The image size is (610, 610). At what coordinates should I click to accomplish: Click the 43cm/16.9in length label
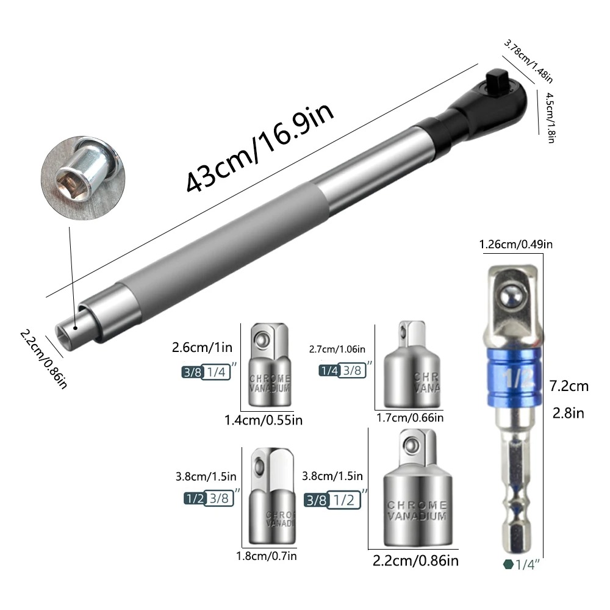click(261, 148)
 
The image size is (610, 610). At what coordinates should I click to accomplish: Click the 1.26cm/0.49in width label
click(516, 245)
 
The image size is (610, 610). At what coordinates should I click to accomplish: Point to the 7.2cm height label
click(568, 386)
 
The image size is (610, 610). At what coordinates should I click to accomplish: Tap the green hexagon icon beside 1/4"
click(508, 564)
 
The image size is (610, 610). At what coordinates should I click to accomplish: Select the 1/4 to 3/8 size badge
click(343, 370)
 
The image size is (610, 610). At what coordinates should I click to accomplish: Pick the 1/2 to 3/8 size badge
click(209, 498)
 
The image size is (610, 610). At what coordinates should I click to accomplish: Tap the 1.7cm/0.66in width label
click(410, 418)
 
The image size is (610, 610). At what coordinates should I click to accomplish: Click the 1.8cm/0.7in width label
click(267, 555)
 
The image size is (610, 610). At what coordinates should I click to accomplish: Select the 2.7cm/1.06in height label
click(338, 350)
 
